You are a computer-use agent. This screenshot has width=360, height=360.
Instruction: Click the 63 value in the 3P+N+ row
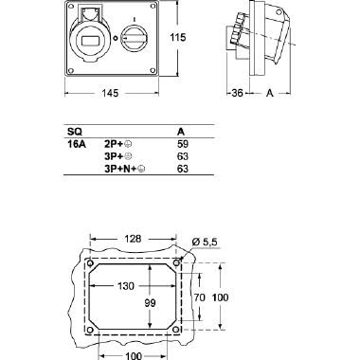pos(183,169)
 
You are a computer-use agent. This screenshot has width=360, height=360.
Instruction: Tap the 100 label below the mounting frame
pos(132,354)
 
